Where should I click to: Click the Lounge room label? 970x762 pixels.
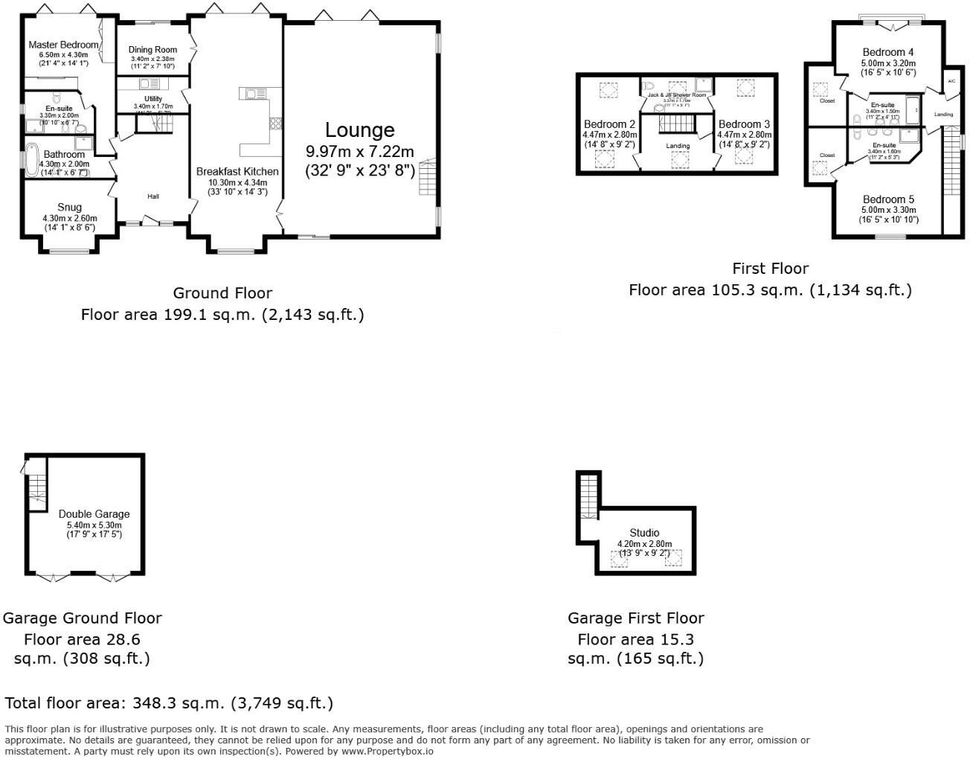pyautogui.click(x=359, y=131)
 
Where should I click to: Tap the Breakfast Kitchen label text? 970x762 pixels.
pyautogui.click(x=237, y=171)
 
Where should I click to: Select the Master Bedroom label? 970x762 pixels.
pyautogui.click(x=63, y=45)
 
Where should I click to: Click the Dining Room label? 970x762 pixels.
pyautogui.click(x=152, y=50)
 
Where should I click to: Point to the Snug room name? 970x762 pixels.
pyautogui.click(x=69, y=208)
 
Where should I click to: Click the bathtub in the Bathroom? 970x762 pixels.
pyautogui.click(x=31, y=161)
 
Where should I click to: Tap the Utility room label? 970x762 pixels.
pyautogui.click(x=153, y=99)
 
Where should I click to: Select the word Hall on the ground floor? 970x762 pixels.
pyautogui.click(x=152, y=196)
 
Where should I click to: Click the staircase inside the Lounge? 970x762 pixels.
pyautogui.click(x=426, y=177)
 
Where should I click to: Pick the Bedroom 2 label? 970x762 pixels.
pyautogui.click(x=609, y=124)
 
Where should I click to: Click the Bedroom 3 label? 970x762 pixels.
pyautogui.click(x=744, y=124)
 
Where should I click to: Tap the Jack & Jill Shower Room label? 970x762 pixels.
pyautogui.click(x=676, y=95)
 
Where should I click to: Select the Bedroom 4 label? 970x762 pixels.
pyautogui.click(x=888, y=53)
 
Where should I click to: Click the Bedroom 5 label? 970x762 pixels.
pyautogui.click(x=888, y=200)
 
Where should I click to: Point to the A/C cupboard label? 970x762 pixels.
pyautogui.click(x=951, y=81)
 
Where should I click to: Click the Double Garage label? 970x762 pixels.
pyautogui.click(x=94, y=514)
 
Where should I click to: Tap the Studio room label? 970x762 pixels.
pyautogui.click(x=644, y=534)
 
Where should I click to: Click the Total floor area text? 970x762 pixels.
pyautogui.click(x=169, y=703)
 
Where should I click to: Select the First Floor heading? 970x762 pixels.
pyautogui.click(x=770, y=269)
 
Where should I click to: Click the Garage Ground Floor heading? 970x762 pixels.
pyautogui.click(x=82, y=618)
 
